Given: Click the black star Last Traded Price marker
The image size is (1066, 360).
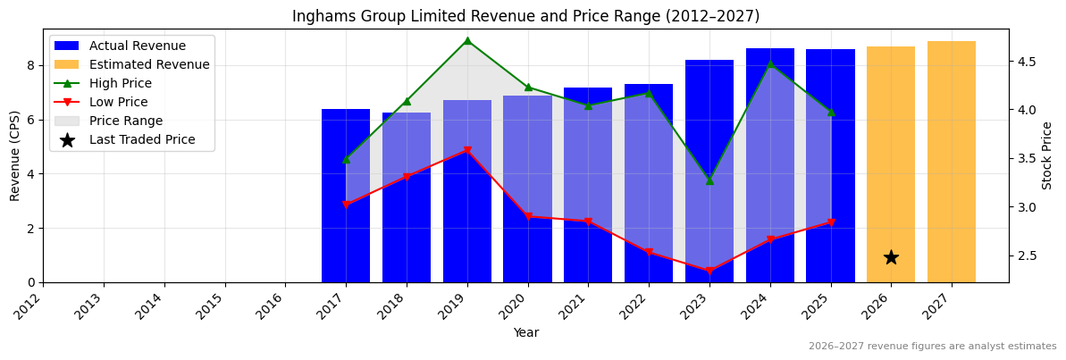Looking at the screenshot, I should [x=891, y=257].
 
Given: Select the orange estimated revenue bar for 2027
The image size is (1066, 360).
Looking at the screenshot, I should [x=951, y=162].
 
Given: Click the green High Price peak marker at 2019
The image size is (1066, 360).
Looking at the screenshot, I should [x=467, y=40].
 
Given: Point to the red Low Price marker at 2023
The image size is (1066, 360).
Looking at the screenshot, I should [x=709, y=271].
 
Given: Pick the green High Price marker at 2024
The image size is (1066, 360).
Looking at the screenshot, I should [x=770, y=63].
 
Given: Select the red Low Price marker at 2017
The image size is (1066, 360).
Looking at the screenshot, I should [x=346, y=205].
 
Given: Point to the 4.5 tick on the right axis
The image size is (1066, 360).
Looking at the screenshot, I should [x=1025, y=62].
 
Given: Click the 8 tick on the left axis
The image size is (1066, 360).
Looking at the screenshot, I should [x=31, y=65].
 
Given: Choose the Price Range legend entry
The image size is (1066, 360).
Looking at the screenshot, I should [x=125, y=121].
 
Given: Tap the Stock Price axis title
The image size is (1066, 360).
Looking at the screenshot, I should [x=1047, y=155].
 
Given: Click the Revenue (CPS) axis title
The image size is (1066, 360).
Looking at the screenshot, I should [x=15, y=155].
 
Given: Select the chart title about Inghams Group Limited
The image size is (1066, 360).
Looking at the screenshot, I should [x=525, y=16].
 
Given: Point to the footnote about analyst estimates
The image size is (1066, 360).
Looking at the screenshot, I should [x=932, y=347].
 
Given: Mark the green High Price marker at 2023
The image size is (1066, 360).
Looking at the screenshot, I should [x=709, y=180].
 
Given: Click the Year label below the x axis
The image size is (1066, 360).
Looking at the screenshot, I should [x=525, y=333].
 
